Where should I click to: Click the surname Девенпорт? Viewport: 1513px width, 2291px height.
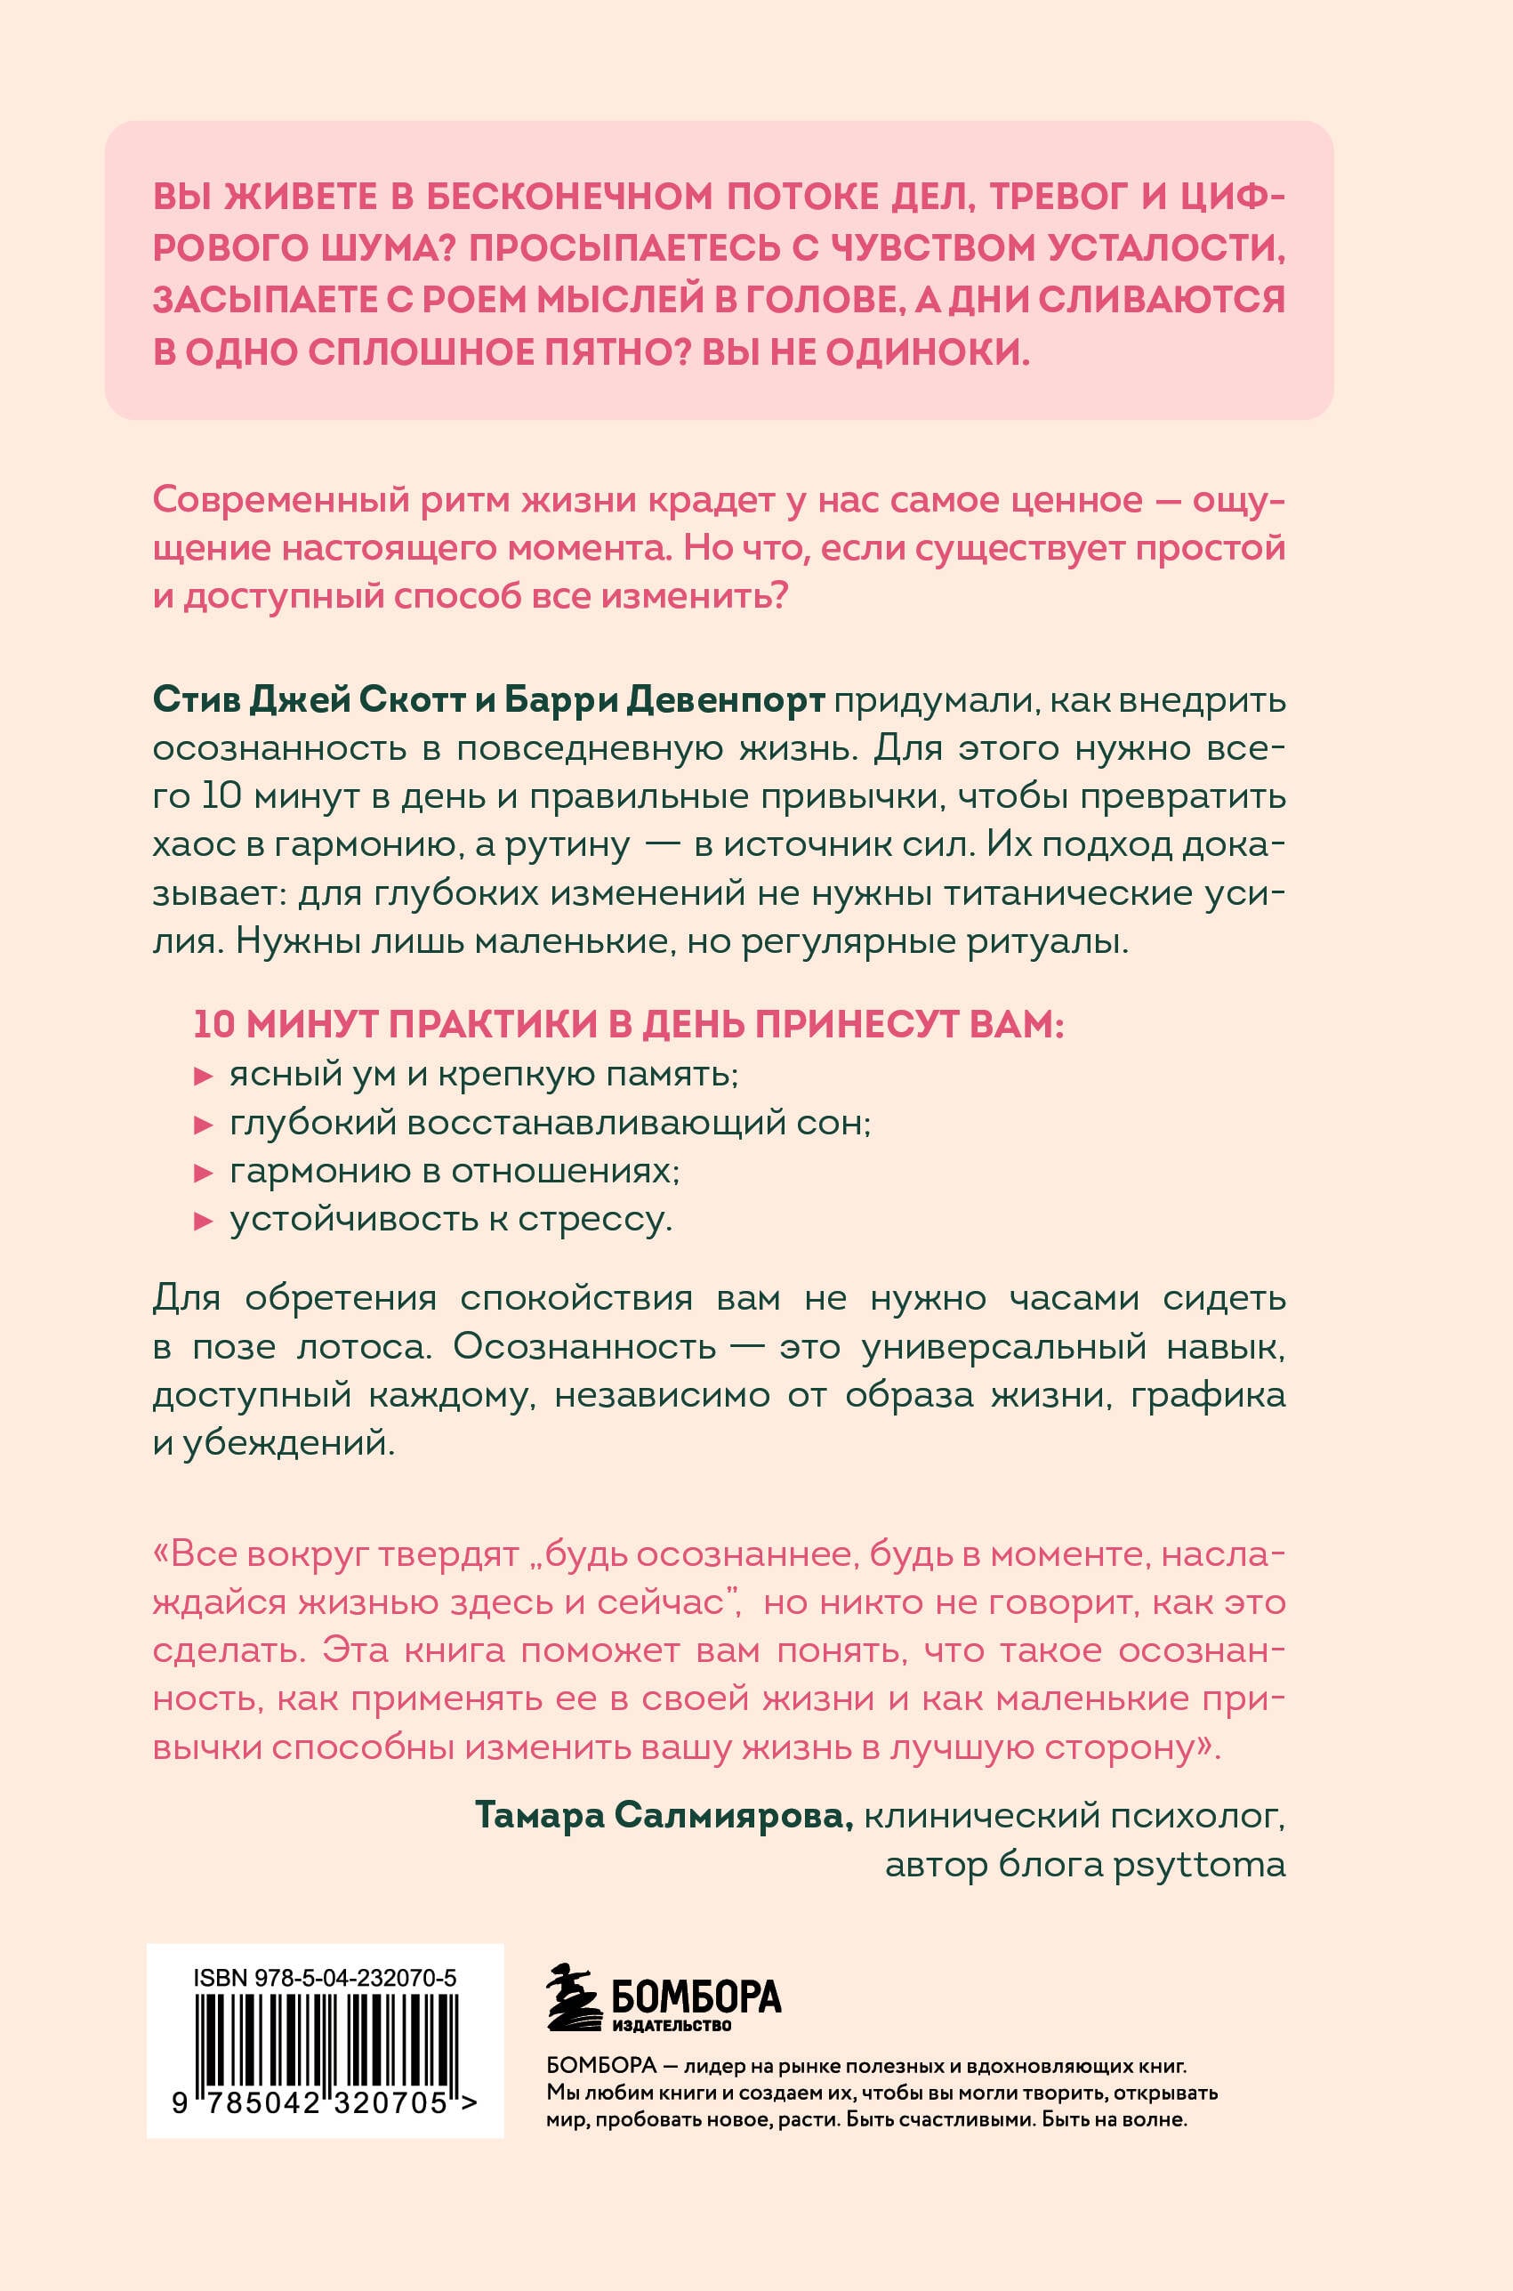726,699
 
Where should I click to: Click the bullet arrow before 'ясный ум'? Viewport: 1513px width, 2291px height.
203,1076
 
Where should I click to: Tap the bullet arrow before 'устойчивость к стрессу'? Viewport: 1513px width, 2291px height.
203,1222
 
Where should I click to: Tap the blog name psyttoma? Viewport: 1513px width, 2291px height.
1199,1865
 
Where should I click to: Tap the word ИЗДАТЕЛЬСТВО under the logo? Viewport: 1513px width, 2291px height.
672,2025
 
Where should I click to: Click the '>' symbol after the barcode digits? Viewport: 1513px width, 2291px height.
469,2102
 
